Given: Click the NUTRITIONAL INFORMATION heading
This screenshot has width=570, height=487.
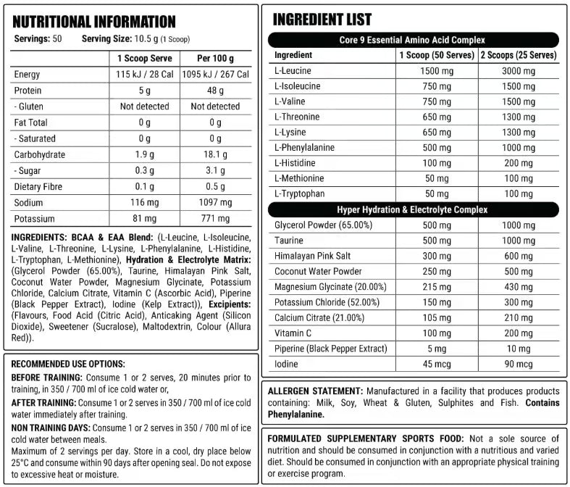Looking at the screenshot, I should (x=94, y=22).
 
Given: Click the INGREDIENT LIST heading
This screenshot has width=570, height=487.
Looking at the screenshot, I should (x=322, y=20).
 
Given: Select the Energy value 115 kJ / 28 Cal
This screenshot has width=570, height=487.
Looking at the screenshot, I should (x=144, y=75).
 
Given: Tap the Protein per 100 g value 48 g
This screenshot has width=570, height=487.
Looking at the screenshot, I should (x=215, y=91).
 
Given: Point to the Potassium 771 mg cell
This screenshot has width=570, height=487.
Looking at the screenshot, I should (x=215, y=218).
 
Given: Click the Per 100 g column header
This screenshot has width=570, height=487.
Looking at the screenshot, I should (x=215, y=58).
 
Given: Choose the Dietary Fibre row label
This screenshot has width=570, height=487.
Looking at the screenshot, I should (x=38, y=187).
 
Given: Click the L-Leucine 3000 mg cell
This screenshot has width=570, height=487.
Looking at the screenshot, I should (x=519, y=70).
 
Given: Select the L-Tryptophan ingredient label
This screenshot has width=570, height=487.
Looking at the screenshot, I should (x=298, y=193).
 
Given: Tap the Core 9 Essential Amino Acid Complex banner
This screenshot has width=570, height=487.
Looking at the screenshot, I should (x=414, y=40).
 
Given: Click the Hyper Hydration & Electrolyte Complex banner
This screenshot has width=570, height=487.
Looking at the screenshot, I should (x=414, y=209).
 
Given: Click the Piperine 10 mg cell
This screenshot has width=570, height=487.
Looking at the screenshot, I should (x=519, y=348).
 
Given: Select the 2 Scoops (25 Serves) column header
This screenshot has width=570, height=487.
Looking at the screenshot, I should (x=519, y=55).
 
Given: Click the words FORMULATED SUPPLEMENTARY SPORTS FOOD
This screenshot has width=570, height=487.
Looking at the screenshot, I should (x=366, y=438).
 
